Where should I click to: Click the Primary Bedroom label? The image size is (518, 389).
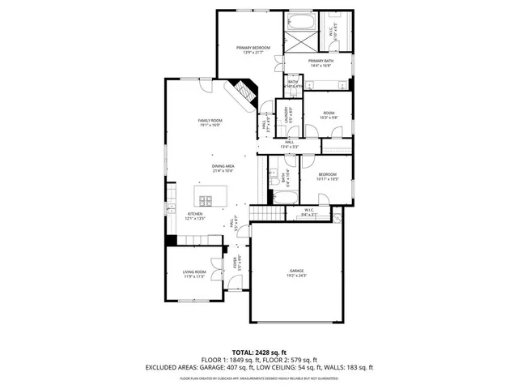pyautogui.click(x=252, y=49)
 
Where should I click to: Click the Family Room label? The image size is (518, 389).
pyautogui.click(x=210, y=121)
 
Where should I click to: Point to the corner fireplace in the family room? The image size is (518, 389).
pyautogui.click(x=245, y=93)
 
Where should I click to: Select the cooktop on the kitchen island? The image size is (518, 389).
pyautogui.click(x=205, y=201)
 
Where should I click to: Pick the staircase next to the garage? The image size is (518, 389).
pyautogui.click(x=267, y=213)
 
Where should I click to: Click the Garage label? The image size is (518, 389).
pyautogui.click(x=297, y=271)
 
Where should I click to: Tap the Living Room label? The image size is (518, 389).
pyautogui.click(x=194, y=271)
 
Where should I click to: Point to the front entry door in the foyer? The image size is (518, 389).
pyautogui.click(x=235, y=285)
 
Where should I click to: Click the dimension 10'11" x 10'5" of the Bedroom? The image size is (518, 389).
pyautogui.click(x=327, y=179)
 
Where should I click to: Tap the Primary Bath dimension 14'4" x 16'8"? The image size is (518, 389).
pyautogui.click(x=321, y=66)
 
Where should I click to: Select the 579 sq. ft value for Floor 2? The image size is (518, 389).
pyautogui.click(x=301, y=360)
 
